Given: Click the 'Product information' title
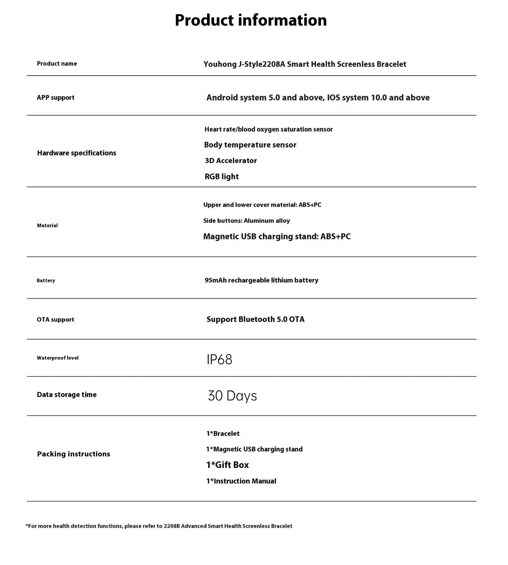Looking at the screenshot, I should coord(251,20).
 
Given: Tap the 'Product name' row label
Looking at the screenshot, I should coord(57,64).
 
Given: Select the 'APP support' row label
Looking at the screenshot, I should coord(56,98).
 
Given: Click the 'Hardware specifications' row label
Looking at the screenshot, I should coord(77,153).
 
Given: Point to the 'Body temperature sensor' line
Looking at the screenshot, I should coord(250,145).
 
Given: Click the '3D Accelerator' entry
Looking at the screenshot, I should coord(231,161).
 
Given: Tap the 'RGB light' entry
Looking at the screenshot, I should coord(221,176).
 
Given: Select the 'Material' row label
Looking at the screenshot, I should coord(47,226).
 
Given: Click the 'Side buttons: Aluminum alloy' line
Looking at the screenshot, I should coord(246,221).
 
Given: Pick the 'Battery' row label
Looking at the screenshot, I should coord(46,280).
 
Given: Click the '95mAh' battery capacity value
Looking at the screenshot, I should coord(216,280).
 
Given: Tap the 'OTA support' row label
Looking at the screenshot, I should coord(56,319).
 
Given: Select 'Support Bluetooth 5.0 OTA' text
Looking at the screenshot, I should coord(255,319).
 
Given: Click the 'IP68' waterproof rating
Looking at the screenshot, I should coord(219,359).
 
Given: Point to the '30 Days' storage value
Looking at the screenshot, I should coord(232,396).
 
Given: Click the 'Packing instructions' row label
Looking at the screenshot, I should coord(73,454).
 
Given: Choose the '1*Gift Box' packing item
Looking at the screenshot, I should coord(227,465).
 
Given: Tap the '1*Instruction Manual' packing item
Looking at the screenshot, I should coord(241,481).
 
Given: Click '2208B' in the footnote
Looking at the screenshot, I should coord(172,526).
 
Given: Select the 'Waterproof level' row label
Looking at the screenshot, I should coord(58,358).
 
